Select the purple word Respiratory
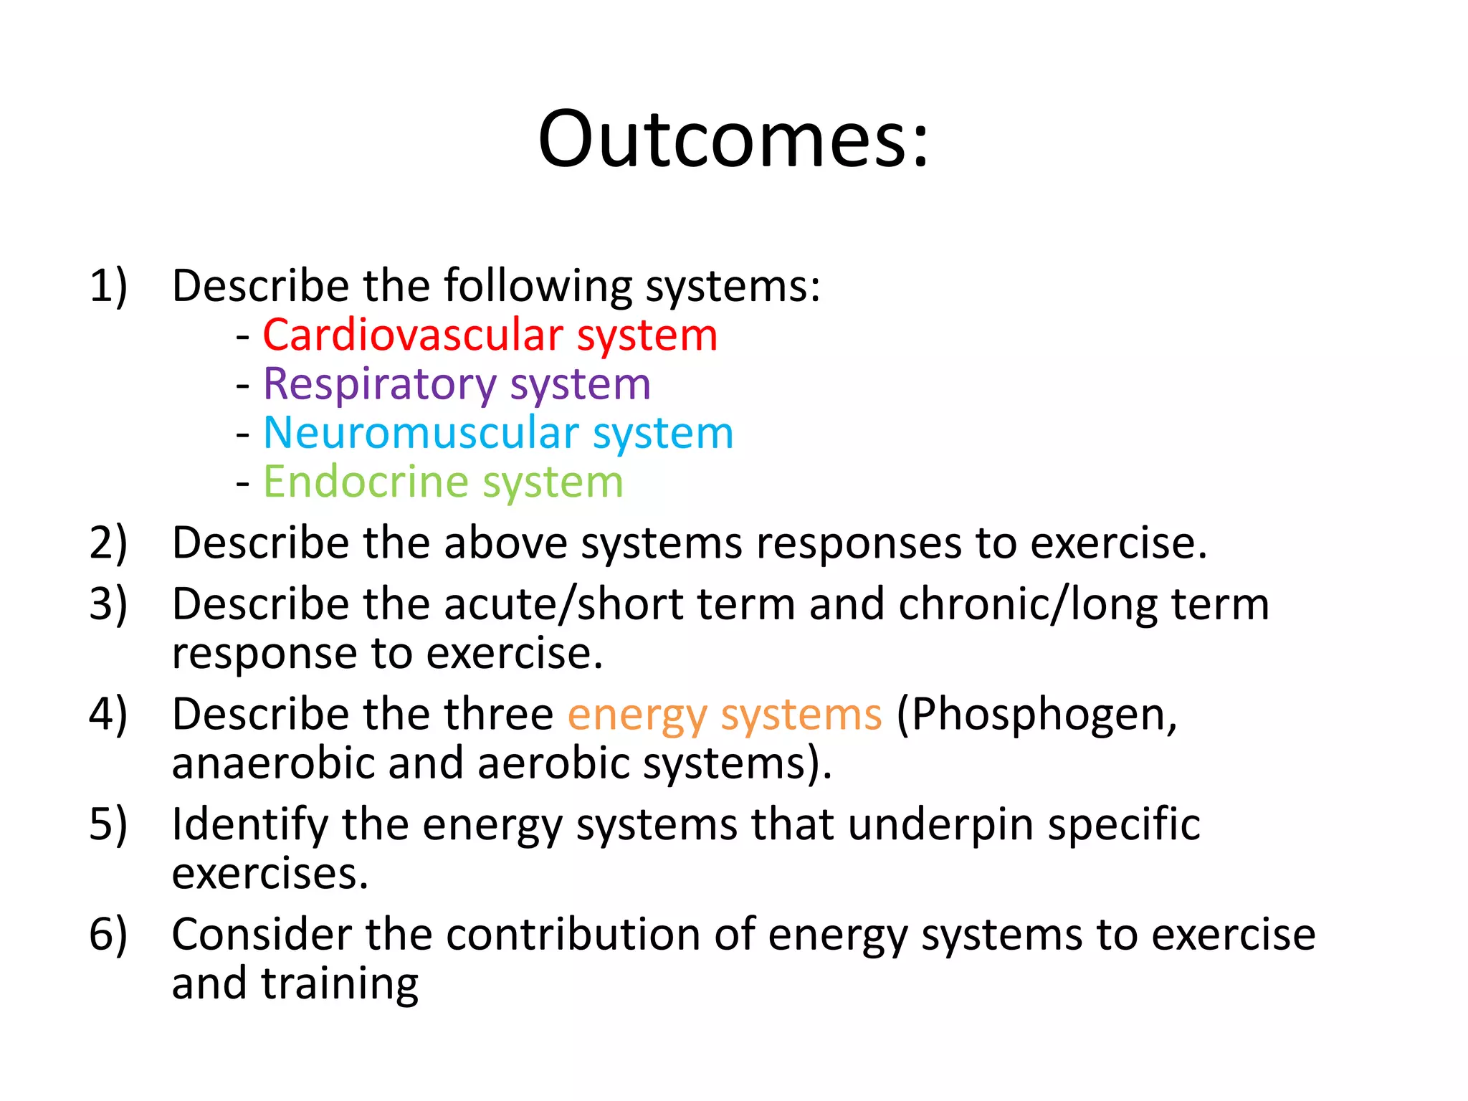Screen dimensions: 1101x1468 click(x=379, y=385)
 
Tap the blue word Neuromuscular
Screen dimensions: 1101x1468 click(x=421, y=434)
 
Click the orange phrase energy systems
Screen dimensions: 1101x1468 click(x=724, y=715)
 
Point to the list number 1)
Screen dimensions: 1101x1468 click(x=108, y=286)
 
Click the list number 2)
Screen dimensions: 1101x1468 click(x=108, y=543)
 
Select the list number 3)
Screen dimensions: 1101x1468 click(x=108, y=604)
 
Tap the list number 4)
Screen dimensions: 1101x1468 click(x=108, y=715)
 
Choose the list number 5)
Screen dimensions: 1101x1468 click(x=108, y=824)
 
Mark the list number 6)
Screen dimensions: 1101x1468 click(x=108, y=935)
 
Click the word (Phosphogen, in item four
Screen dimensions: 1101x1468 click(x=1036, y=715)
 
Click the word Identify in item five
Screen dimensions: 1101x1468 click(x=249, y=826)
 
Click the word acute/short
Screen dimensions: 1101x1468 click(x=563, y=604)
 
